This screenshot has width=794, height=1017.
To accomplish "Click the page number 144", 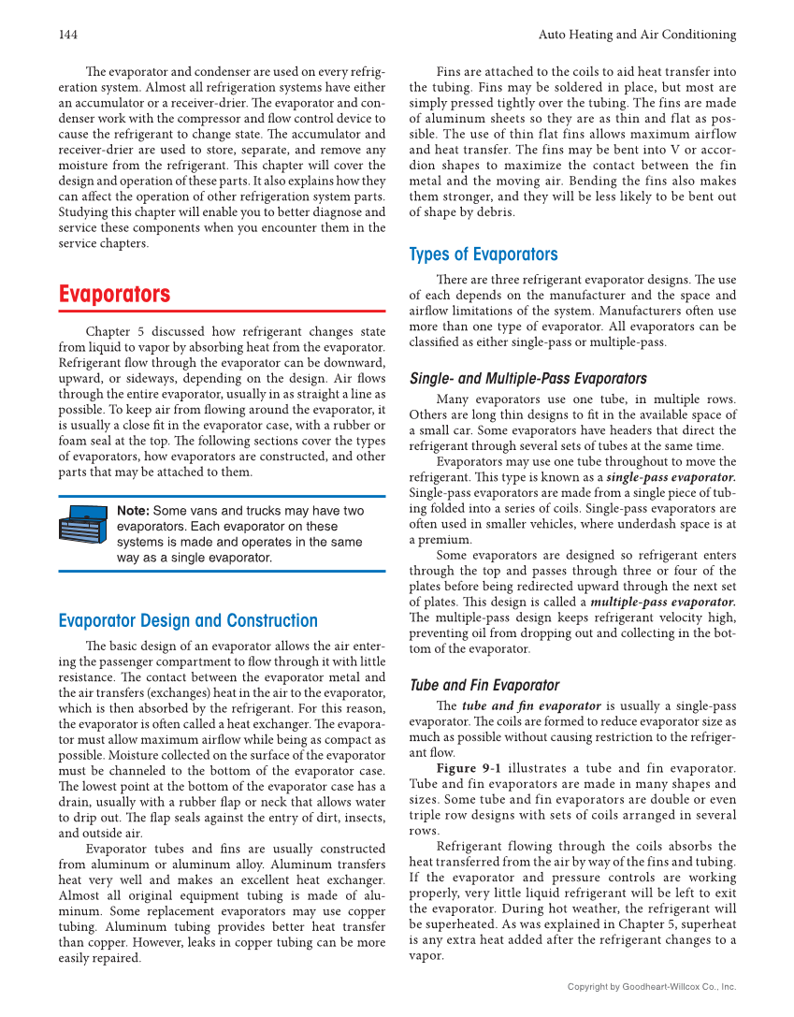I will (x=67, y=35).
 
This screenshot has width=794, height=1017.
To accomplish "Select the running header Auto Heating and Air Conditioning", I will (x=637, y=35).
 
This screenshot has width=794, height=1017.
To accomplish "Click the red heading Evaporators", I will (x=114, y=295).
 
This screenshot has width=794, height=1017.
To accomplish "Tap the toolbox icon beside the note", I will (x=84, y=534).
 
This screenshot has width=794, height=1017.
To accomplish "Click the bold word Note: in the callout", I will (x=133, y=511).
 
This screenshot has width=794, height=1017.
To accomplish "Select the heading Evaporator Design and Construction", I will (x=188, y=620).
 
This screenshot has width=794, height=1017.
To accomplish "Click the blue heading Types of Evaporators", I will (x=483, y=254).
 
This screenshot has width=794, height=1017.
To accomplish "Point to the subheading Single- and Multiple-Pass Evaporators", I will (x=528, y=378).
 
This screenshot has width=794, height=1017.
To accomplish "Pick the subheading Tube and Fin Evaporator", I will (x=484, y=685).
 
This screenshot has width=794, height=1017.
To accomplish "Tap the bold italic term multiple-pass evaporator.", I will (x=663, y=601).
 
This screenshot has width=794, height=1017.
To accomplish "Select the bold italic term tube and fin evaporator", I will (x=531, y=706).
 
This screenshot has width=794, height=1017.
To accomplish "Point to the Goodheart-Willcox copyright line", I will (x=652, y=986).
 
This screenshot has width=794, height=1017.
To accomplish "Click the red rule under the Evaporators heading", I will (x=222, y=311).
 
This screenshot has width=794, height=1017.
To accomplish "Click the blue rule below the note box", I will (x=222, y=571).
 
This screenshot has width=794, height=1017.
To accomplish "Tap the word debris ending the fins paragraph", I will (x=493, y=211).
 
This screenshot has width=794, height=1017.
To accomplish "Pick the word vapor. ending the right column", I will (x=426, y=956).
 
